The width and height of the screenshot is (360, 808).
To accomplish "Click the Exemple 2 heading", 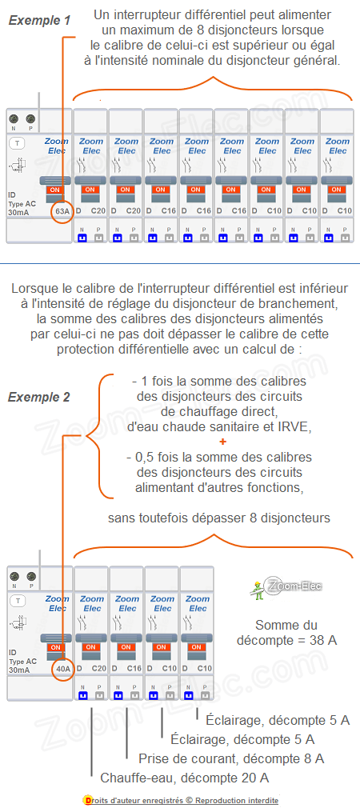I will [39, 397].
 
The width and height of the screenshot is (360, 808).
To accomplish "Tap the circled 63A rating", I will [62, 211].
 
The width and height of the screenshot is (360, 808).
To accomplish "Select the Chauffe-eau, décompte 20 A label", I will [184, 778].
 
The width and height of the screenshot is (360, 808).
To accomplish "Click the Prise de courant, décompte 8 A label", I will [231, 758].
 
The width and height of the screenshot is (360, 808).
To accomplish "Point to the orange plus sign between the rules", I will [222, 442].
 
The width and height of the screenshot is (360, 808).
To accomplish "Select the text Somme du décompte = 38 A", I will [287, 632].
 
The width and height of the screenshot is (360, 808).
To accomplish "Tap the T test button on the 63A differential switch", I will [17, 143].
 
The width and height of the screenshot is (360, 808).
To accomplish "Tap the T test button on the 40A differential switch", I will [17, 600].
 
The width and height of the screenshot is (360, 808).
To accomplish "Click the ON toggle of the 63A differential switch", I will [55, 190].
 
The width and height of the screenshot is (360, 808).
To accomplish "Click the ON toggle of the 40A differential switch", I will [55, 646].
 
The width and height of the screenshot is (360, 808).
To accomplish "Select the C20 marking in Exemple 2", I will [98, 668].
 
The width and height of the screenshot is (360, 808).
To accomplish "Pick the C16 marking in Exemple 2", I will [134, 668].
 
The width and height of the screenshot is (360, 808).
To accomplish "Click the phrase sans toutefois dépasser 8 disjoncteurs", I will [218, 518].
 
